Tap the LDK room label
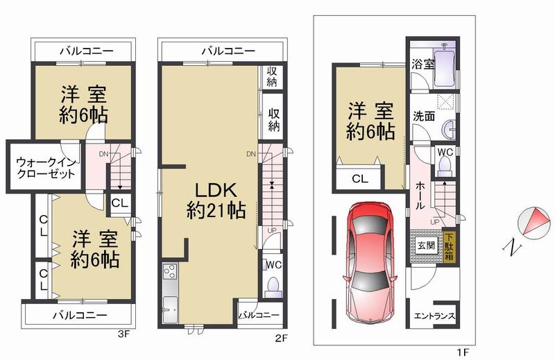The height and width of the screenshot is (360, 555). [x=215, y=200]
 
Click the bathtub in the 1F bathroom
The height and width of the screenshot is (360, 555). [x=443, y=69]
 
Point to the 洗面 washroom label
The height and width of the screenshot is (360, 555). [x=423, y=116]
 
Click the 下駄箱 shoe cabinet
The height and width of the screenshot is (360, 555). [x=450, y=246]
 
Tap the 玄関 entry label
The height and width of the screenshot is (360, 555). [x=425, y=246]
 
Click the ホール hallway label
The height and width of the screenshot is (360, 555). [x=420, y=195]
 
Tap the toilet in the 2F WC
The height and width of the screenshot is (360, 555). [x=273, y=286]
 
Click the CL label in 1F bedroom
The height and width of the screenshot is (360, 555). [x=359, y=179]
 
